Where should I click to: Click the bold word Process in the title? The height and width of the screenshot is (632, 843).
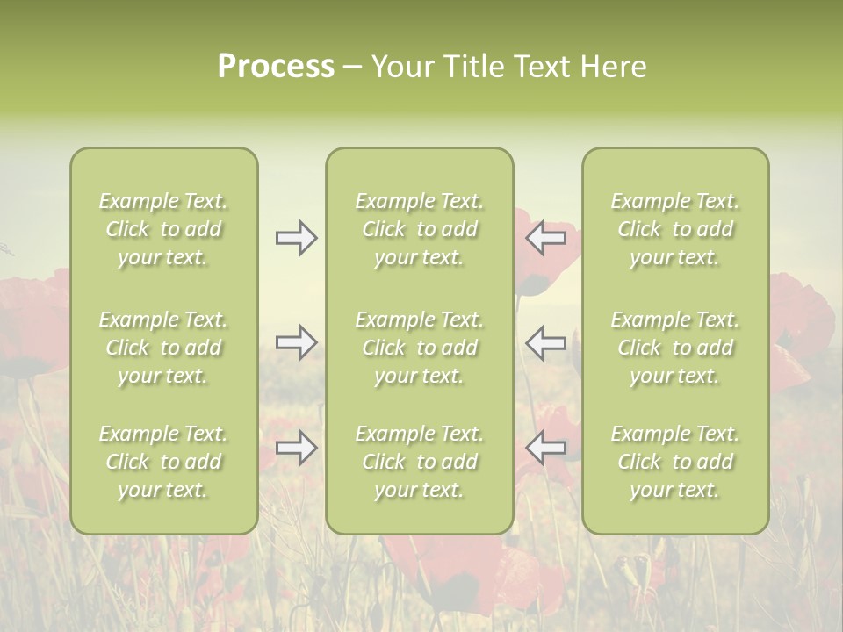click(276, 67)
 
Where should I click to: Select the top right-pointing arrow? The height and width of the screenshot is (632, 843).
click(296, 238)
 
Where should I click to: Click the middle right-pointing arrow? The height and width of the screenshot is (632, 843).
click(296, 342)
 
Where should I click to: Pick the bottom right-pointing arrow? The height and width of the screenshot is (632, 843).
click(296, 448)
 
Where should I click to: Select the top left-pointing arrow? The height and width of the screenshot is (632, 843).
click(546, 238)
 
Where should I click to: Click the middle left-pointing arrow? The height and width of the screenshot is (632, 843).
click(546, 342)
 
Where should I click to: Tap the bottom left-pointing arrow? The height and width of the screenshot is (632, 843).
click(546, 448)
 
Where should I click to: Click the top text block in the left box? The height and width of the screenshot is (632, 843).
click(163, 229)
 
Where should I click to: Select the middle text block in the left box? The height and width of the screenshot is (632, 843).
click(163, 348)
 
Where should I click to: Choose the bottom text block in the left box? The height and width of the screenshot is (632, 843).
click(163, 462)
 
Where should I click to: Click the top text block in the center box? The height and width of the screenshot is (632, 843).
click(419, 229)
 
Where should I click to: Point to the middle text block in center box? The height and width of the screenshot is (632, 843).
click(419, 348)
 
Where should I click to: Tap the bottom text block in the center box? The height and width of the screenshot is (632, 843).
click(419, 462)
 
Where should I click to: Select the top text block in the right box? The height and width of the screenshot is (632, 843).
click(674, 229)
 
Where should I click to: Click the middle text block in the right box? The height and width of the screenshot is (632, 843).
click(674, 348)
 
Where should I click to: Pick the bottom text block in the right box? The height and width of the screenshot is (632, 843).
click(674, 462)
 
